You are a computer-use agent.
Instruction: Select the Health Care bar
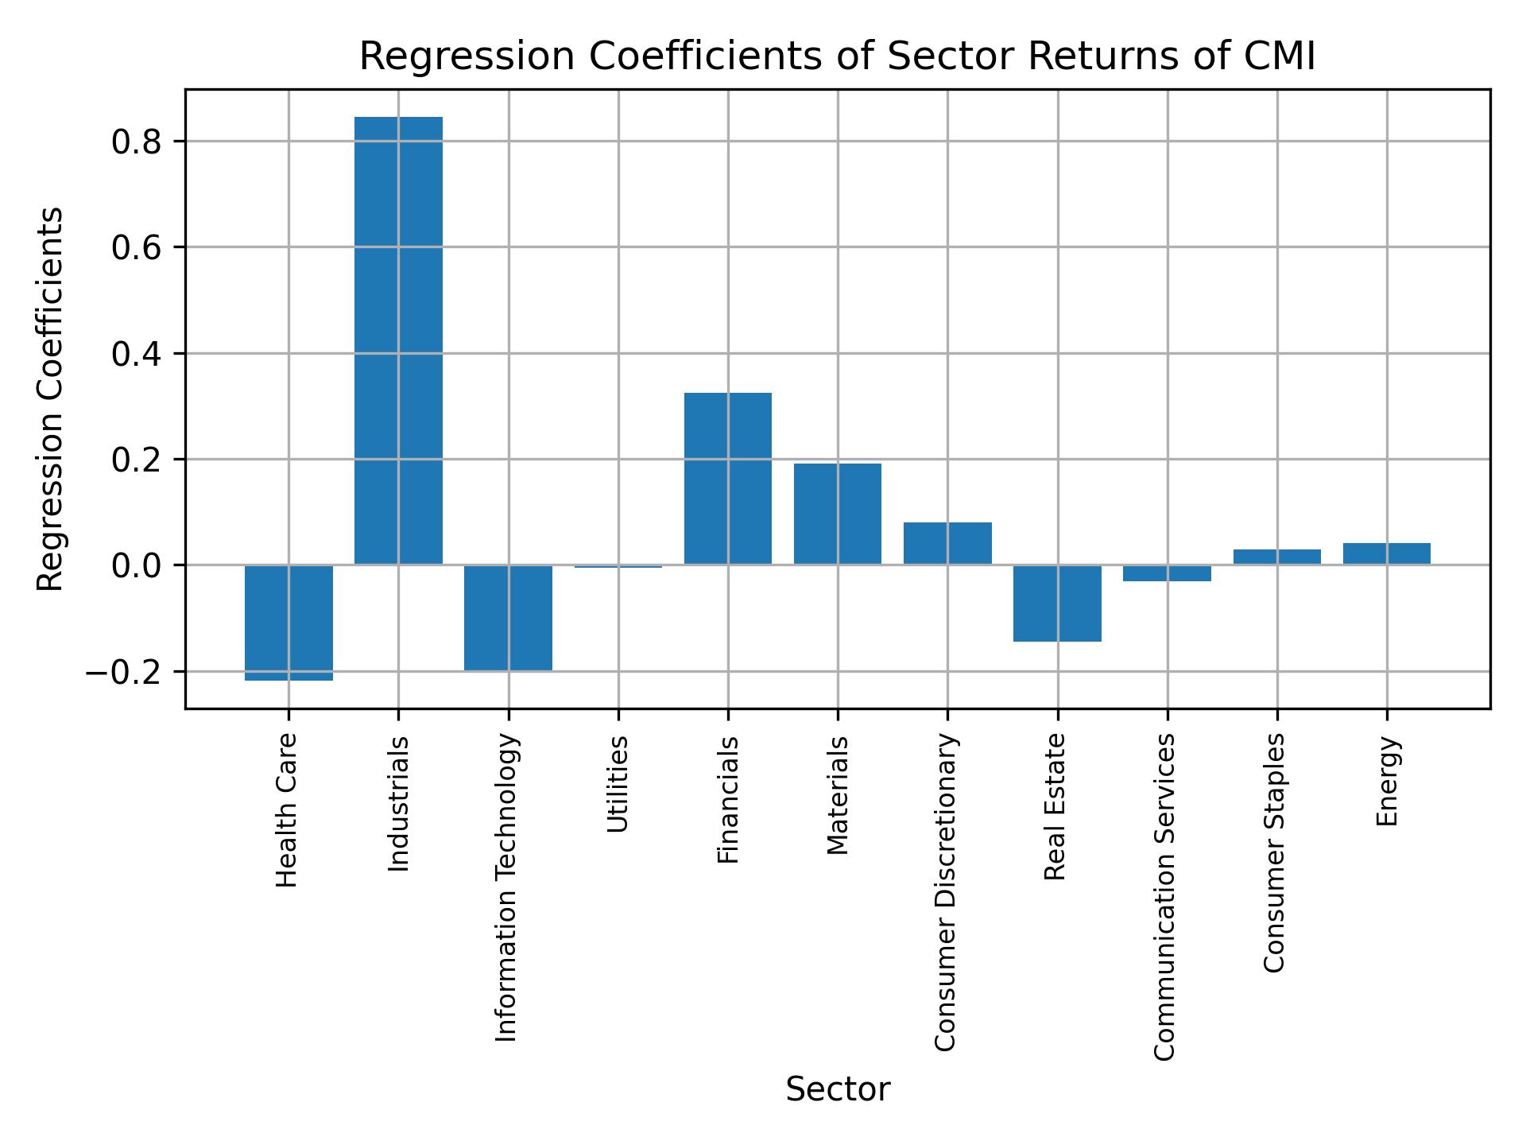[x=289, y=623]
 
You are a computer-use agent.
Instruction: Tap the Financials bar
[x=727, y=479]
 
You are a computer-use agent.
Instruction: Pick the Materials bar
[x=837, y=514]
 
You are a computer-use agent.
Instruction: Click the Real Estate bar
[x=1057, y=603]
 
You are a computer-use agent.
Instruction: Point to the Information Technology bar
[x=508, y=618]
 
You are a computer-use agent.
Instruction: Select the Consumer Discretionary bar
[x=947, y=543]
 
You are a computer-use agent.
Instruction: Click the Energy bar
[x=1386, y=553]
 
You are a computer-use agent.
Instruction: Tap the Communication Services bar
[x=1167, y=572]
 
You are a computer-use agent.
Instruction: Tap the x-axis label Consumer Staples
[x=1274, y=852]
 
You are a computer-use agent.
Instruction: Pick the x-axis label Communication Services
[x=1164, y=897]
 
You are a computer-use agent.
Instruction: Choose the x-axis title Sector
[x=837, y=1089]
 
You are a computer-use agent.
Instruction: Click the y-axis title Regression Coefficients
[x=51, y=398]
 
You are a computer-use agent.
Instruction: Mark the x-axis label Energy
[x=1387, y=782]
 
